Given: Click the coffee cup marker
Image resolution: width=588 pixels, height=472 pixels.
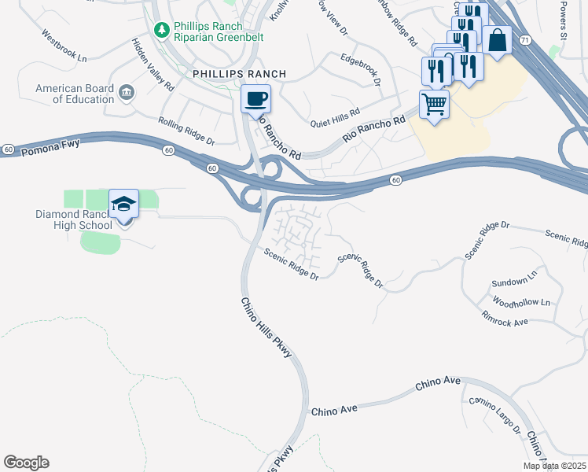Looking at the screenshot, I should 255,100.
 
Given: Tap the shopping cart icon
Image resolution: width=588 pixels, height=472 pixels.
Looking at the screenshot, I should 434,104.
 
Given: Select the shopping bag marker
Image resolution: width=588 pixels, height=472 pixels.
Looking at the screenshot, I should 497,40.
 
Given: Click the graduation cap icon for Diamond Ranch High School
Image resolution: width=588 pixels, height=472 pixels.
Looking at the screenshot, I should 124,205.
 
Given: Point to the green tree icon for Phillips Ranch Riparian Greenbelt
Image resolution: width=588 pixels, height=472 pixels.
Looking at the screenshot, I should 162,30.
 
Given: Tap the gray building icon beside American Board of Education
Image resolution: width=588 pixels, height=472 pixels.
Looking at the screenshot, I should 126,94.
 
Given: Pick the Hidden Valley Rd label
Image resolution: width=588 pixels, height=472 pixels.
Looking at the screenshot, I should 153,65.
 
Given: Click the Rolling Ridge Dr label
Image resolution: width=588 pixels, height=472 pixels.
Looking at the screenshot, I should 186,131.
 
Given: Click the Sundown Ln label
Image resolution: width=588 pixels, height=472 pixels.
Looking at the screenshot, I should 513,282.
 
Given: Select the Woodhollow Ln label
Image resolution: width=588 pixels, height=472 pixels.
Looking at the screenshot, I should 521,302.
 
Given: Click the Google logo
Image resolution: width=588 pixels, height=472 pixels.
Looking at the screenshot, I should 27,463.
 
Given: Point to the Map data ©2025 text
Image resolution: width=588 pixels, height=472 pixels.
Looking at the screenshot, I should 554,466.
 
